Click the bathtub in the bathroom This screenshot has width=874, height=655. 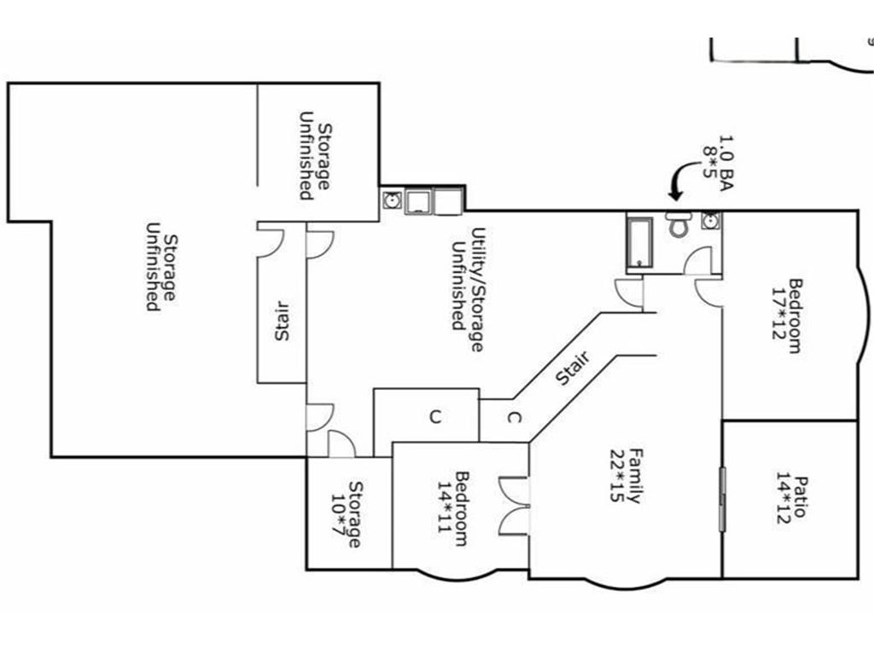coord(639,242)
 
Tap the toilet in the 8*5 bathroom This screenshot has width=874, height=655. coord(678,224)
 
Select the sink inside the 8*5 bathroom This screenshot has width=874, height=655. coord(711,221)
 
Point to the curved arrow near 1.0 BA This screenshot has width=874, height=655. coord(683,179)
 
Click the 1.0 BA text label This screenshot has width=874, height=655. coord(725,163)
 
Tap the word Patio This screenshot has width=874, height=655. coord(801,496)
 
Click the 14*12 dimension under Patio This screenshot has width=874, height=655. coord(784,498)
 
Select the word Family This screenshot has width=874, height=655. coord(636,476)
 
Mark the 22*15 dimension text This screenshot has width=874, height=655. coord(618,476)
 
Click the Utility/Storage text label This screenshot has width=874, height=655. coord(478,290)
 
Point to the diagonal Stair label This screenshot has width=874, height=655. coord(573,368)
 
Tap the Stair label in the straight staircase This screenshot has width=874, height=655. coord(282,322)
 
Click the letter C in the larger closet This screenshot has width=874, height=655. coord(435,416)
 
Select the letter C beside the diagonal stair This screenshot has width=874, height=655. coord(515,417)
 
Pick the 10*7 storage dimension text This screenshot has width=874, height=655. coord(338,514)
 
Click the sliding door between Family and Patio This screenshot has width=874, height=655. coord(723,498)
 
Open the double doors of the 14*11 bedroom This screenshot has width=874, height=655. coord(513,506)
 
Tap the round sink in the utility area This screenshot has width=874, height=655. coord(393,200)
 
